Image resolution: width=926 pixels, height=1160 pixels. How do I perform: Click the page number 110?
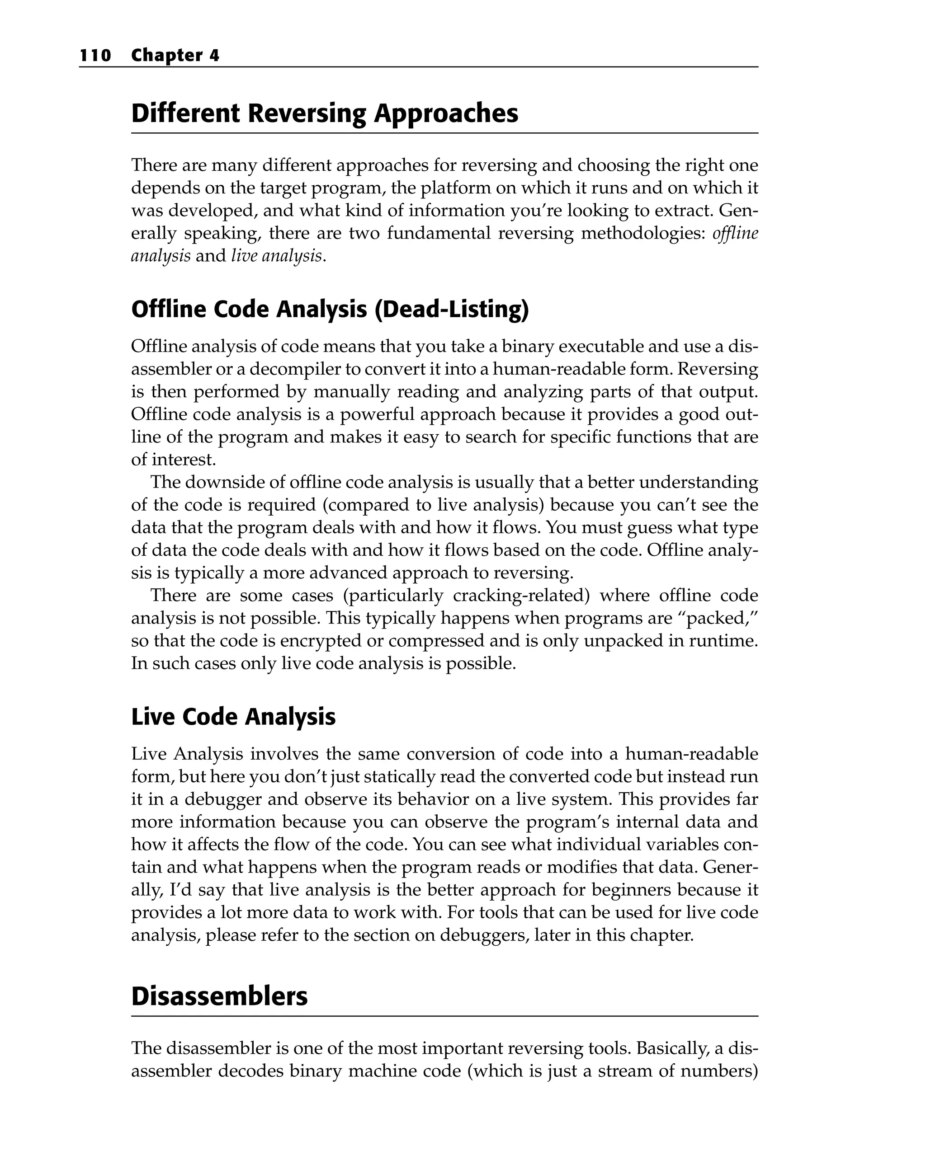pos(95,56)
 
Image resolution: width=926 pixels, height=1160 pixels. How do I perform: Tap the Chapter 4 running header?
pos(175,56)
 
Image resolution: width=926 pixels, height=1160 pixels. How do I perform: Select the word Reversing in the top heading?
pos(307,113)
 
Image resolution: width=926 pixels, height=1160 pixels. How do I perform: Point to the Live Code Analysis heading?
pos(233,717)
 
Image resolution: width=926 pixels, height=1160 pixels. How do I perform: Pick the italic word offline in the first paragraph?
pos(735,233)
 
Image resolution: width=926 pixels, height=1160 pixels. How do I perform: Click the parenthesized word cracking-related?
pos(522,595)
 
